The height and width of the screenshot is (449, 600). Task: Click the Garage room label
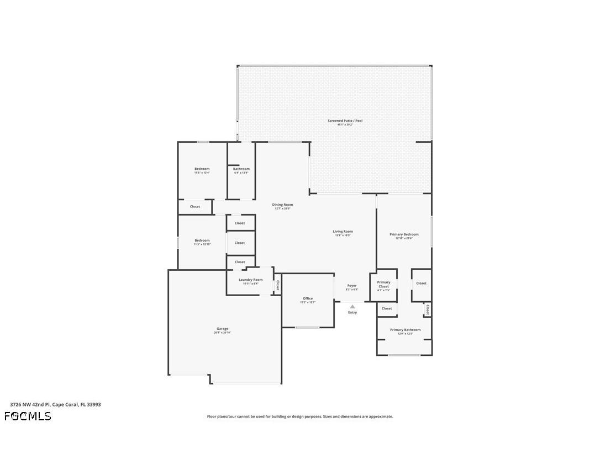point(222,329)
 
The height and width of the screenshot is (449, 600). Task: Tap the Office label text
point(308,298)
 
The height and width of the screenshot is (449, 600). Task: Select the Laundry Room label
point(250,280)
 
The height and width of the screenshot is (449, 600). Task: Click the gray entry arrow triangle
point(352,307)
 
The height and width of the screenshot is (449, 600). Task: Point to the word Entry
point(352,313)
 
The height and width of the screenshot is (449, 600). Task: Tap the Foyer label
point(352,286)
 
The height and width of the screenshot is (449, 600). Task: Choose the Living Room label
point(343,232)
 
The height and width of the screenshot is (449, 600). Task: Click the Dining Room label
point(282,205)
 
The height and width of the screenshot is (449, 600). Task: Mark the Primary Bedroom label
point(404,234)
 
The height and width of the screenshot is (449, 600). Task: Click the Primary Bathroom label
point(405,330)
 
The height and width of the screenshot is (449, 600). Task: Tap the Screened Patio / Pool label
point(345,121)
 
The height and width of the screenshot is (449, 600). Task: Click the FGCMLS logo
point(28,416)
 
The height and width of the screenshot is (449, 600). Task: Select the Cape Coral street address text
point(55,404)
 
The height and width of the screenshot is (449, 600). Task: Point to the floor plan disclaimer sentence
point(300,416)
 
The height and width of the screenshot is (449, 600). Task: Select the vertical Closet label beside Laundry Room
point(277,285)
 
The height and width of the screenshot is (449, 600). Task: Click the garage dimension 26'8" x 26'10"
point(222,333)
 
